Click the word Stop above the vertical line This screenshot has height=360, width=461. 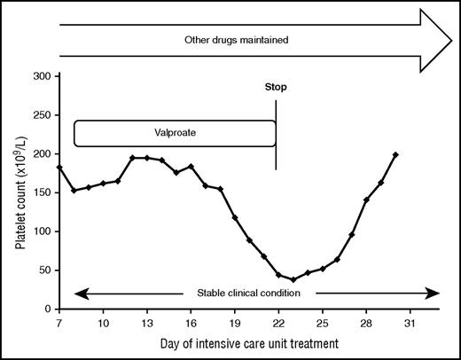click(x=276, y=89)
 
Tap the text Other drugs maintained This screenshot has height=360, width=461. click(x=238, y=40)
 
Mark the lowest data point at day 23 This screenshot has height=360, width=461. click(x=293, y=279)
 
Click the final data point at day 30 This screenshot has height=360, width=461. click(x=395, y=155)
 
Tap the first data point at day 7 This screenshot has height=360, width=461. click(x=59, y=167)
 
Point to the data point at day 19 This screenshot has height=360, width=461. click(x=235, y=217)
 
